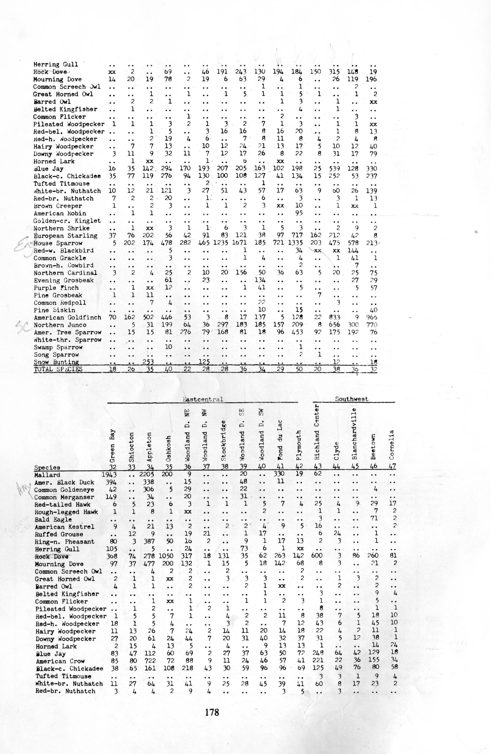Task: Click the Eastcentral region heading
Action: click(x=203, y=399)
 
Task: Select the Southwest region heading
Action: click(x=352, y=399)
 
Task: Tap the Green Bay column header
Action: click(x=112, y=445)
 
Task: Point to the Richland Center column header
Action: click(x=318, y=432)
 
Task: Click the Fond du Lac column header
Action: click(x=279, y=441)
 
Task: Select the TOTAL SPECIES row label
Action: click(x=58, y=369)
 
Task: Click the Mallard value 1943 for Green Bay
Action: click(x=109, y=475)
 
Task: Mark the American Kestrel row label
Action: click(x=65, y=527)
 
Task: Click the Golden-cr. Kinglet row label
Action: click(x=67, y=221)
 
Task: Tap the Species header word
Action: click(x=47, y=467)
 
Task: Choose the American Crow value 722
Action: click(x=150, y=661)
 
